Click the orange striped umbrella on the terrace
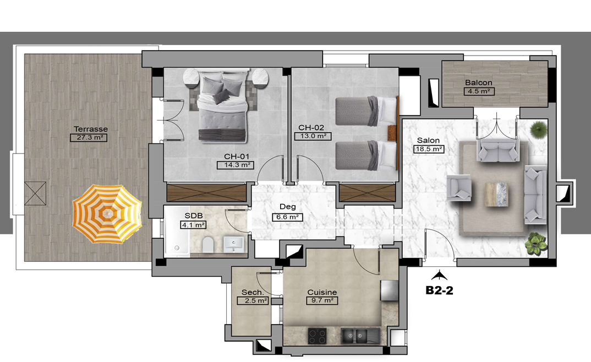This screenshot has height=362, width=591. tap(107, 214)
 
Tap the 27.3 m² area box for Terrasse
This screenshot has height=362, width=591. tap(89, 138)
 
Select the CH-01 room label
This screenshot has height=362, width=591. tap(237, 156)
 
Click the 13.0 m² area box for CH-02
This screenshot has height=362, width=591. tap(313, 136)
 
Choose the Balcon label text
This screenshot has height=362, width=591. tap(479, 83)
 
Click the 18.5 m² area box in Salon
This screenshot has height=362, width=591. tap(429, 149)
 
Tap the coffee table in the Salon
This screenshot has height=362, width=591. tap(496, 194)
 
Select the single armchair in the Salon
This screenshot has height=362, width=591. tap(459, 187)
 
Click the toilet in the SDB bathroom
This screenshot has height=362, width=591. tap(207, 245)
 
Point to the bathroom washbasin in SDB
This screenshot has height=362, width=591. tap(234, 244)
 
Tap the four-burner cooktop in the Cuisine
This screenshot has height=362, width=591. tap(318, 336)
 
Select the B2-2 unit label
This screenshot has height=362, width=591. tap(439, 290)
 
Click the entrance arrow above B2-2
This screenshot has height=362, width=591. tap(439, 276)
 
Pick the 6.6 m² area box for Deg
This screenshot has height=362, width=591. tap(288, 217)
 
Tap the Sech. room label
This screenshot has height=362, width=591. tap(253, 292)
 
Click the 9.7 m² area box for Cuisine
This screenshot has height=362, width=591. tap(322, 300)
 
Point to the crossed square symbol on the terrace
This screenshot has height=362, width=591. tap(35, 194)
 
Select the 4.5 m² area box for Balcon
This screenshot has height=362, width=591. tap(479, 91)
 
